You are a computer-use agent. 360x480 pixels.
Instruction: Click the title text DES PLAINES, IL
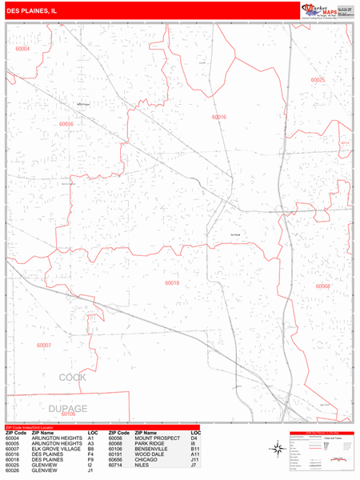31,11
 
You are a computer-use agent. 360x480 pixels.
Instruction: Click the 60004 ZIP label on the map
22,49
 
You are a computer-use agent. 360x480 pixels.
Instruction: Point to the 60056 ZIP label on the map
66,124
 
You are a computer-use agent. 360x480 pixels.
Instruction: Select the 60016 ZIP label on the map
218,117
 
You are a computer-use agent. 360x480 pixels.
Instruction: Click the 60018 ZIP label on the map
172,283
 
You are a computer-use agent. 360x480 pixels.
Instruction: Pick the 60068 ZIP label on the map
322,286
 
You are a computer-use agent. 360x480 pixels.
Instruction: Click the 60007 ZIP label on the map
44,345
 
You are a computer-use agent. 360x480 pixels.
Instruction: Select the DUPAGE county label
67,409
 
